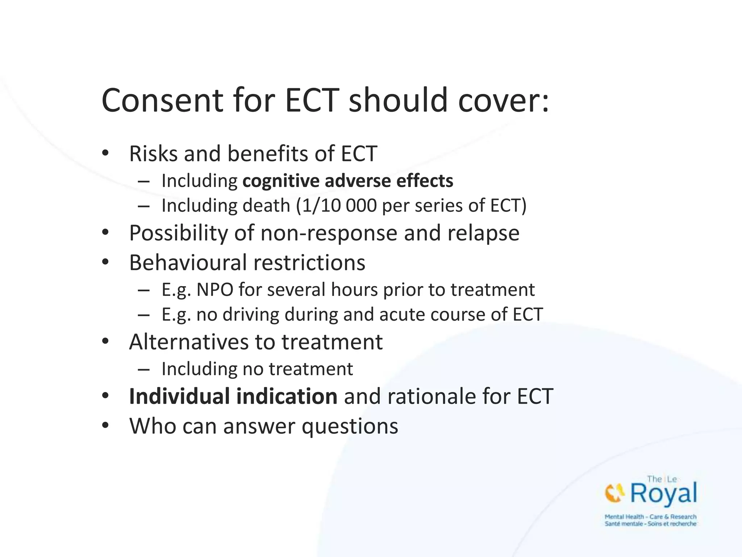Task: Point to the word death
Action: tap(266, 206)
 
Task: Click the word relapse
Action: tap(483, 233)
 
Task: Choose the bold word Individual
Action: tap(179, 396)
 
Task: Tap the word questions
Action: tap(350, 426)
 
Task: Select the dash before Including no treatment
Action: tap(144, 370)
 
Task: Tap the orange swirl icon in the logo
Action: tap(614, 494)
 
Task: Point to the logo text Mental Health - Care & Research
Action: tap(650, 517)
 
